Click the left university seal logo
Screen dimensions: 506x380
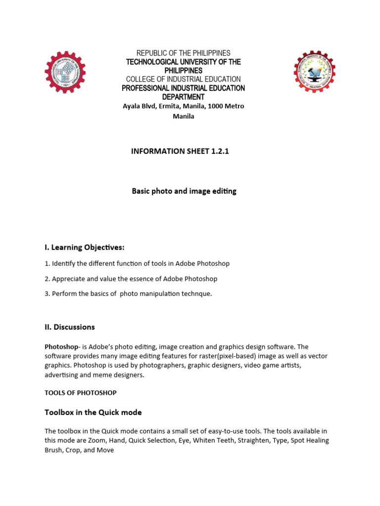click(65, 73)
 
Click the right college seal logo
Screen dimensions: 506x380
click(314, 71)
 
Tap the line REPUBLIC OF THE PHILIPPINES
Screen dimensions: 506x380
click(184, 53)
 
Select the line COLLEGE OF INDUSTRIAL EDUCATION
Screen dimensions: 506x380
click(184, 79)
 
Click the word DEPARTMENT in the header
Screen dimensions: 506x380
click(184, 97)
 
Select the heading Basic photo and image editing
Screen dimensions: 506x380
click(184, 191)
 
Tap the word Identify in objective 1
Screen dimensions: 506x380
click(65, 264)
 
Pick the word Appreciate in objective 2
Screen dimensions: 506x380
click(69, 279)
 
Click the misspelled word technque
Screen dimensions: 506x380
click(197, 294)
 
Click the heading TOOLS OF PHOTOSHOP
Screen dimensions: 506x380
click(81, 393)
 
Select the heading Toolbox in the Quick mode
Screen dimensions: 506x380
click(93, 413)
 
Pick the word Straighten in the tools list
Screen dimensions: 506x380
click(247, 441)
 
